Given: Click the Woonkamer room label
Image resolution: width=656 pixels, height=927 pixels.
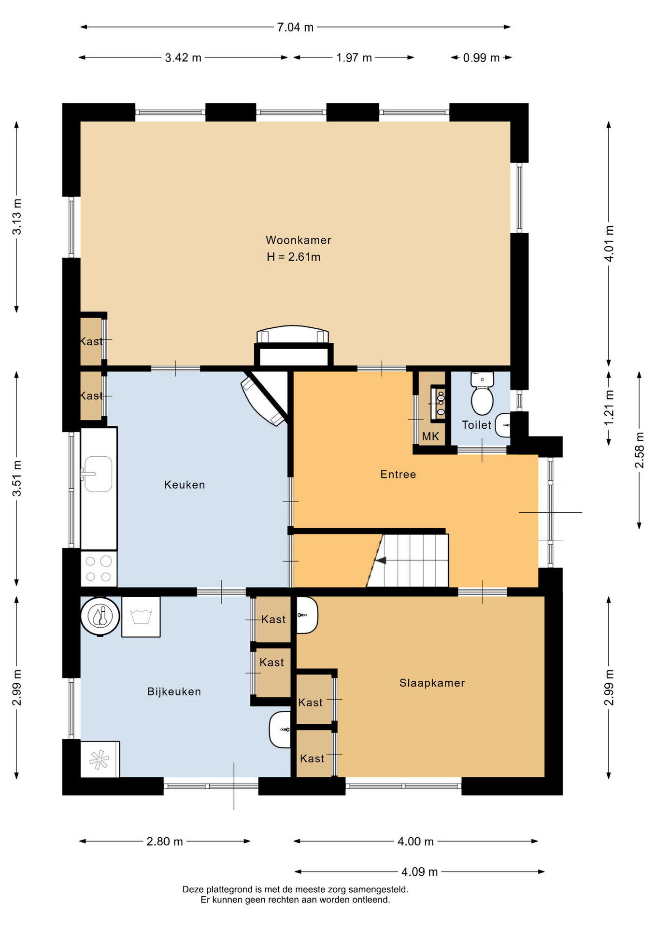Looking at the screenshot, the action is (x=298, y=240).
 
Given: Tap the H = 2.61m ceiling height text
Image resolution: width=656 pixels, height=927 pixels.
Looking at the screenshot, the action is (x=294, y=257).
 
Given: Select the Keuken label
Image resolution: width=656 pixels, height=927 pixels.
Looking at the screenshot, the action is (x=185, y=485).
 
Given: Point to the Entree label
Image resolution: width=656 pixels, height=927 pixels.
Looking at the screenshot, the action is (x=398, y=474).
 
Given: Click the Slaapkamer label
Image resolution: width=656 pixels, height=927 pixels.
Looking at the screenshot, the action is (x=432, y=683).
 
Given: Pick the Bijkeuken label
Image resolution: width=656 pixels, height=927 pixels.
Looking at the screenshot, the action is (x=174, y=691).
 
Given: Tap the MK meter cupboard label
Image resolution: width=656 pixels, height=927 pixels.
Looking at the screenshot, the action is (x=430, y=436).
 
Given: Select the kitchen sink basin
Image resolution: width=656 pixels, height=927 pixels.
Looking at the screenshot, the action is (x=99, y=474).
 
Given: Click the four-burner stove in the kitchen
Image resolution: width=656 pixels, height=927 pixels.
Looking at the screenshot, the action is (x=99, y=569).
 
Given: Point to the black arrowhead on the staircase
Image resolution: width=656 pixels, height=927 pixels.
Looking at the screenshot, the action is (x=381, y=561).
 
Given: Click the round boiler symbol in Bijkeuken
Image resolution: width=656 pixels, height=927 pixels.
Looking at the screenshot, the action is (x=100, y=616).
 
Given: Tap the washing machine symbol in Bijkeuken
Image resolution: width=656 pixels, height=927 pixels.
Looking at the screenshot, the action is (x=141, y=617).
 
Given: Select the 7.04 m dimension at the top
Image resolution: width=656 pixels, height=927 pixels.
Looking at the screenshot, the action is (x=295, y=27).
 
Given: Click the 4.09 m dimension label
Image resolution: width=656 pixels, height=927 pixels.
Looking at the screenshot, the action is (x=419, y=871).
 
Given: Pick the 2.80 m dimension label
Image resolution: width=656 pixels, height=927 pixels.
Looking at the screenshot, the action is (x=165, y=841).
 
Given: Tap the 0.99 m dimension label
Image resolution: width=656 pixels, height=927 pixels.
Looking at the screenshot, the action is (x=481, y=57).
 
